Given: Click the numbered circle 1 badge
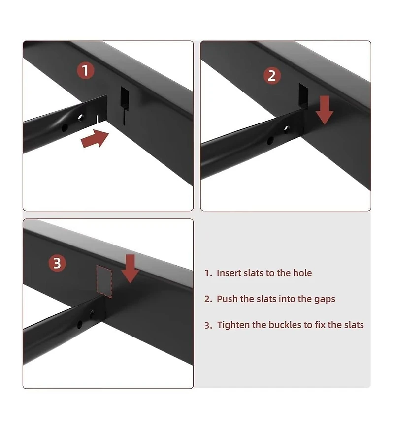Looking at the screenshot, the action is [x=85, y=70].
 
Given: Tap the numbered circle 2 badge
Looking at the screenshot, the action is [x=271, y=75].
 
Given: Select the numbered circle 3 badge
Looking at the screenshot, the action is [x=57, y=263].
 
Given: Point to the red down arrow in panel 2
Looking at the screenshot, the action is [x=324, y=110].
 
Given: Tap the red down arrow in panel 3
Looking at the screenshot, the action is [x=131, y=269].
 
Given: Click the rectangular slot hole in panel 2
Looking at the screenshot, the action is [x=303, y=95].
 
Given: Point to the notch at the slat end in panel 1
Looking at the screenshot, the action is [x=98, y=119].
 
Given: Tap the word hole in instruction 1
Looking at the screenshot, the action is [x=302, y=273].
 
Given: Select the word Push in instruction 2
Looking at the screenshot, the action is [x=227, y=299].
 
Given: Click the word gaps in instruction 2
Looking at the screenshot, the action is [x=325, y=299].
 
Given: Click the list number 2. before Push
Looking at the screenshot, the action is [x=208, y=299].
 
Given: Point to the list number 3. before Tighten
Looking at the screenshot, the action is [x=208, y=325].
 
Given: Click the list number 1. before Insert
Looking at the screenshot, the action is [x=208, y=273].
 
